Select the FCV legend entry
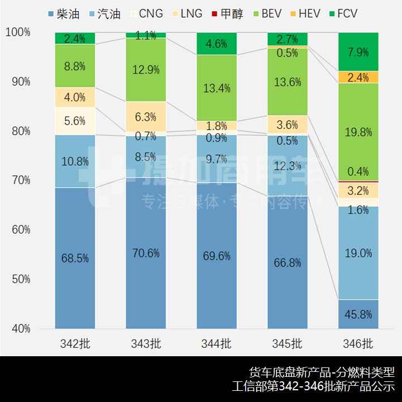tap(342, 13)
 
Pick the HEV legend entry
tap(304, 13)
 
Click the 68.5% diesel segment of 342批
tap(75, 258)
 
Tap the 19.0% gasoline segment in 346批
tap(358, 253)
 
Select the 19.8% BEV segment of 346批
tap(358, 132)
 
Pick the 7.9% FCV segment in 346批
tap(358, 52)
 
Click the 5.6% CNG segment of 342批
tap(75, 121)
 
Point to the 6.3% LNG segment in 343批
tap(146, 117)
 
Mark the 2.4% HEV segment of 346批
tap(358, 77)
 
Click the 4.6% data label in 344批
tap(217, 43)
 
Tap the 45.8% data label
tap(358, 314)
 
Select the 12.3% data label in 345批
tap(288, 165)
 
